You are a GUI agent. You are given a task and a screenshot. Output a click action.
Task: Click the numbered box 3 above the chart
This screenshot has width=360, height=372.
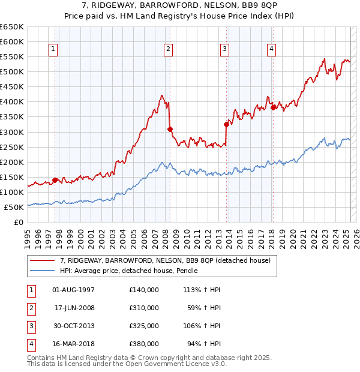(x=224, y=50)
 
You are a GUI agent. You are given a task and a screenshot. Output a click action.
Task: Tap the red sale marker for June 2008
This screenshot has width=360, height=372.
(x=170, y=129)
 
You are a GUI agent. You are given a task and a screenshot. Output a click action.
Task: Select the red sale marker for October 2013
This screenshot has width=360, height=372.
(x=227, y=124)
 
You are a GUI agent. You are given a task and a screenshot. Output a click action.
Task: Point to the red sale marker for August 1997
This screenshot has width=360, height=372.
(x=55, y=180)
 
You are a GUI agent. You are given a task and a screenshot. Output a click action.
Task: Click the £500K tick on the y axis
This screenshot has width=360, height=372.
(x=12, y=72)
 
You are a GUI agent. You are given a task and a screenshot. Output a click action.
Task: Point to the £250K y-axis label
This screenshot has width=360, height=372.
(x=12, y=147)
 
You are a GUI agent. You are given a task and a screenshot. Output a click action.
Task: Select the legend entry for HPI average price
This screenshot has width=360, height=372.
(x=128, y=271)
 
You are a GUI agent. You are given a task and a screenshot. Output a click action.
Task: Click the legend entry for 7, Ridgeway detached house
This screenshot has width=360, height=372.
(x=165, y=260)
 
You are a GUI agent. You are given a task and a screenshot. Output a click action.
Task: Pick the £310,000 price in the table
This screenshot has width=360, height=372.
(x=144, y=308)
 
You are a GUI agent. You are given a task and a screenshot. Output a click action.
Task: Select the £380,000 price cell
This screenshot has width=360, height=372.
(x=144, y=344)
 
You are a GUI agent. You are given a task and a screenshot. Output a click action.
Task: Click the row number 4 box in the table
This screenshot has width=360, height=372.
(x=31, y=344)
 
